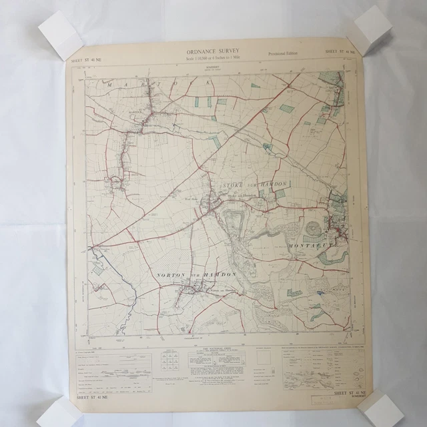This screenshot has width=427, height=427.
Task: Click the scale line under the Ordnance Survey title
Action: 213,60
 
